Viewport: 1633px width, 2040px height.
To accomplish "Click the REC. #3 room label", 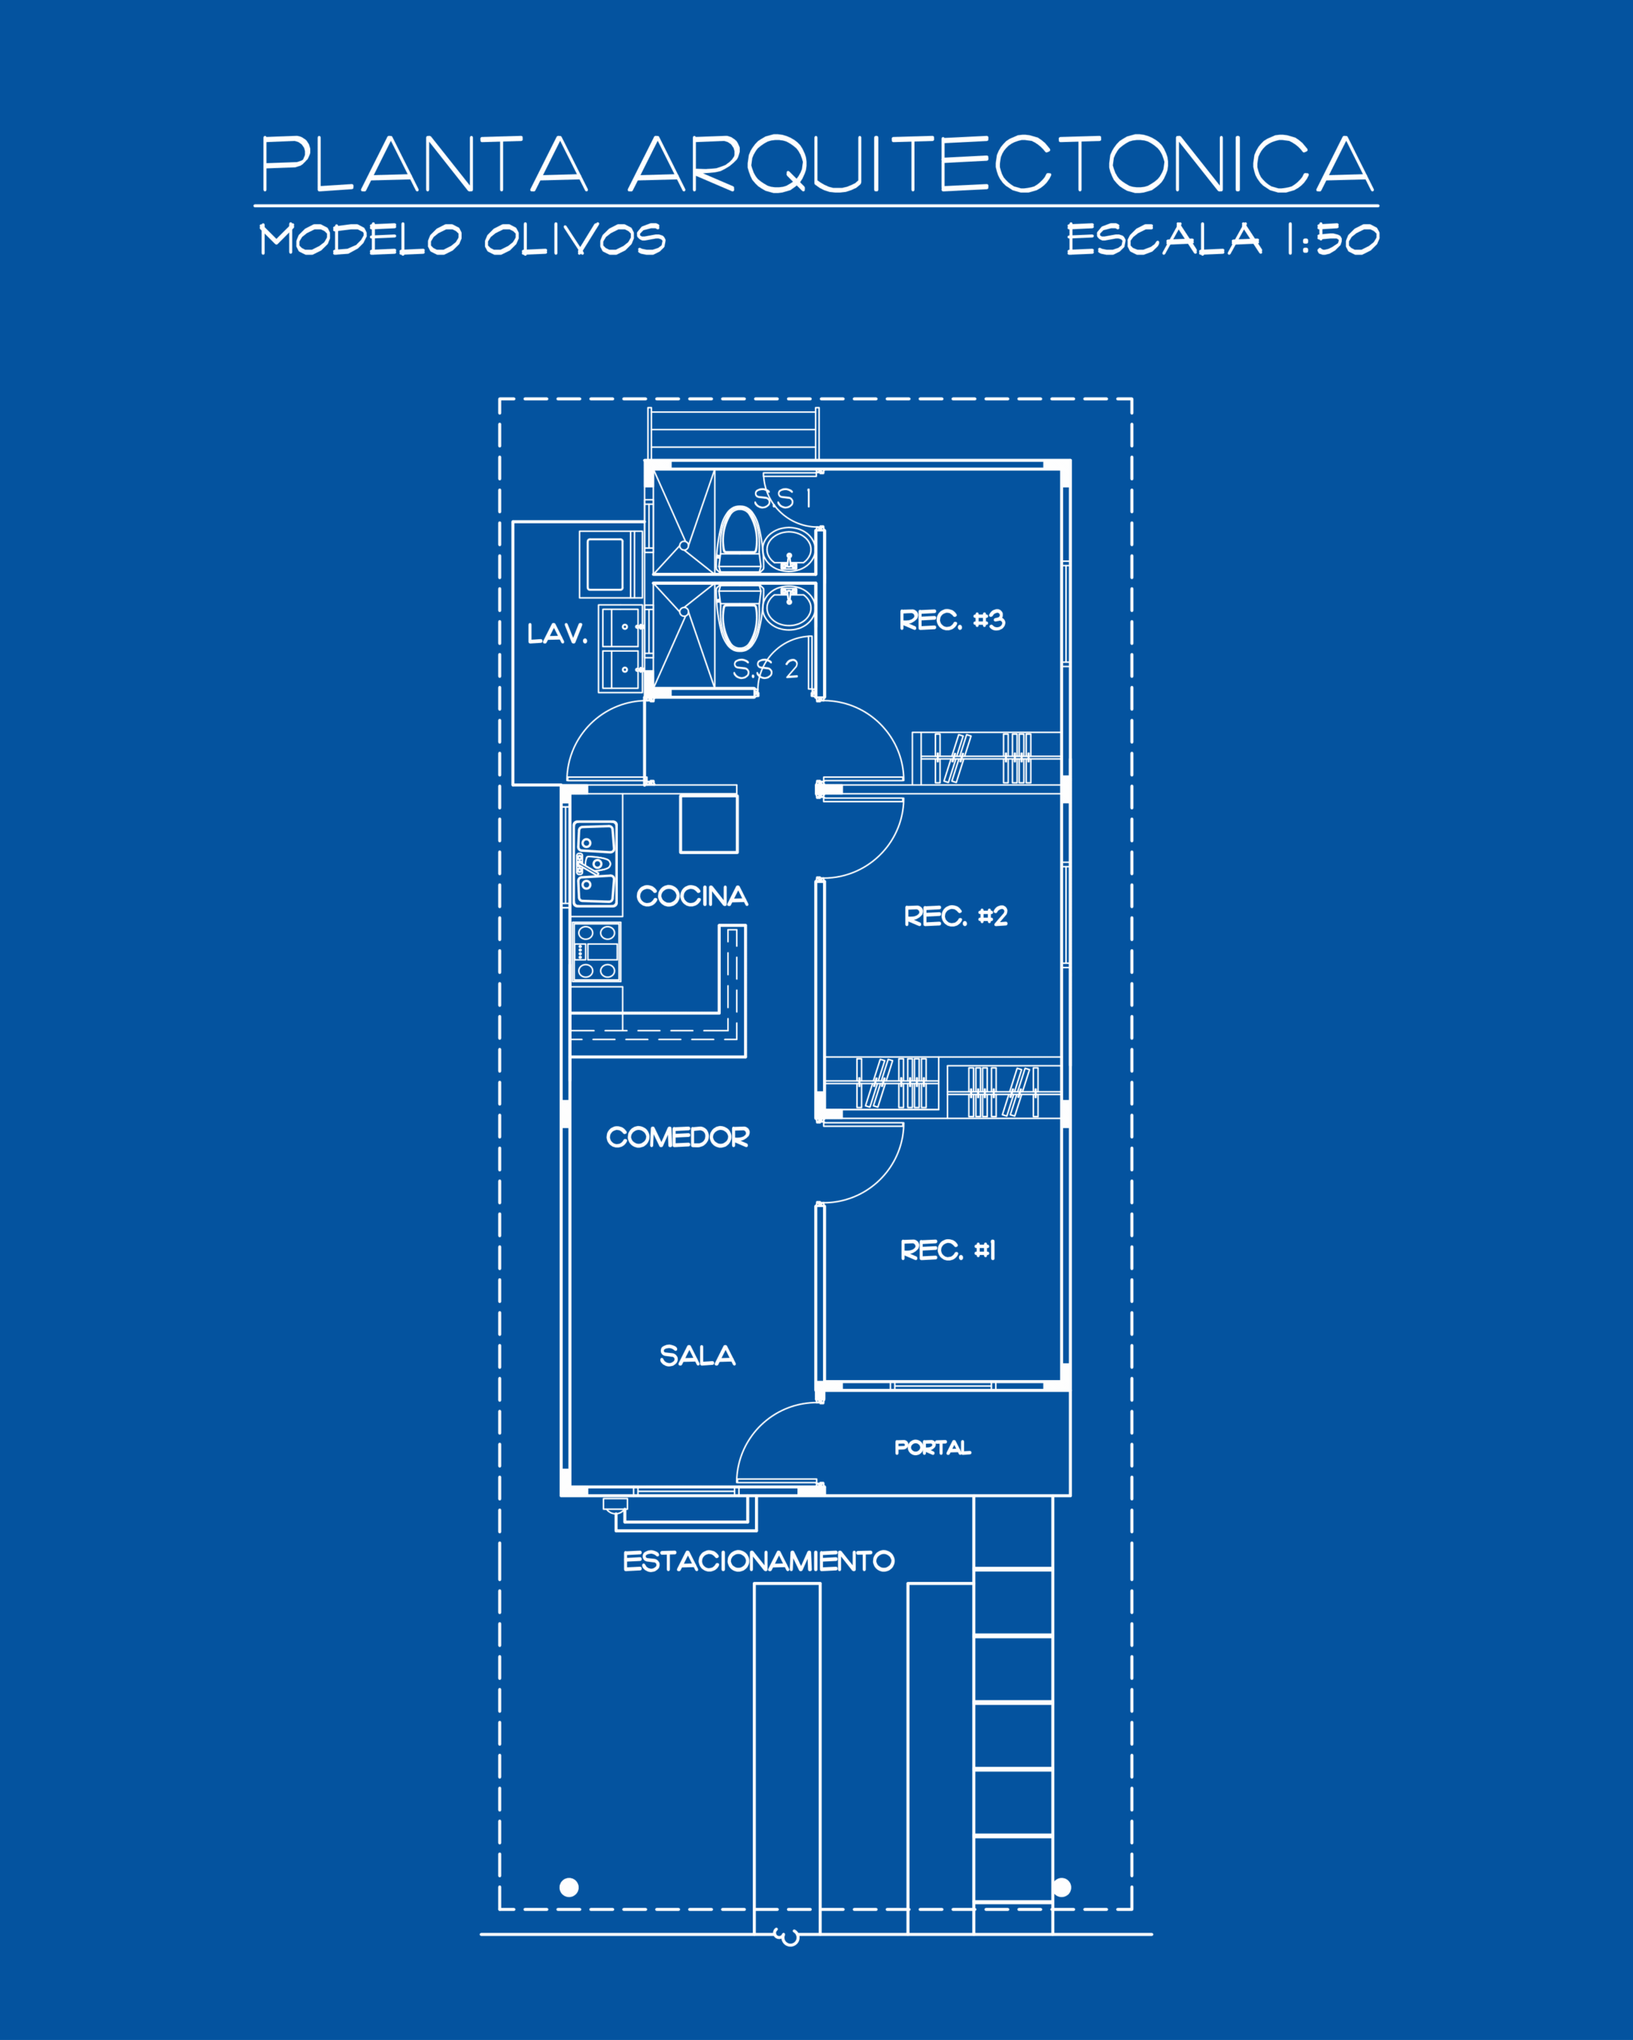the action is point(951,621).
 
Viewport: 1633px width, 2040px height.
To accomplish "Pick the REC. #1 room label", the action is point(947,1251).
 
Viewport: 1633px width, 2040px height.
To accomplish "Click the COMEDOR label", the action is point(678,1137).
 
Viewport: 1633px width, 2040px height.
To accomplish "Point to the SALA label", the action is point(698,1357).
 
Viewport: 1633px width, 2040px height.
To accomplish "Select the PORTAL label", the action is point(932,1448).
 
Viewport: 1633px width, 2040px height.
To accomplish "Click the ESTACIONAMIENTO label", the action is point(758,1561).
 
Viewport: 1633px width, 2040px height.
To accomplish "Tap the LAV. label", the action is point(557,634).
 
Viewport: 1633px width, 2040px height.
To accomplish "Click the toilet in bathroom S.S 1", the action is point(739,539).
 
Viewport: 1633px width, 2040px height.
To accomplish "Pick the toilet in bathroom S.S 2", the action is point(739,618).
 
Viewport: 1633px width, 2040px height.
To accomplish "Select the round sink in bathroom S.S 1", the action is point(789,550).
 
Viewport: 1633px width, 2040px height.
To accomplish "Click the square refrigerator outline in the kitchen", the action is point(709,824).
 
